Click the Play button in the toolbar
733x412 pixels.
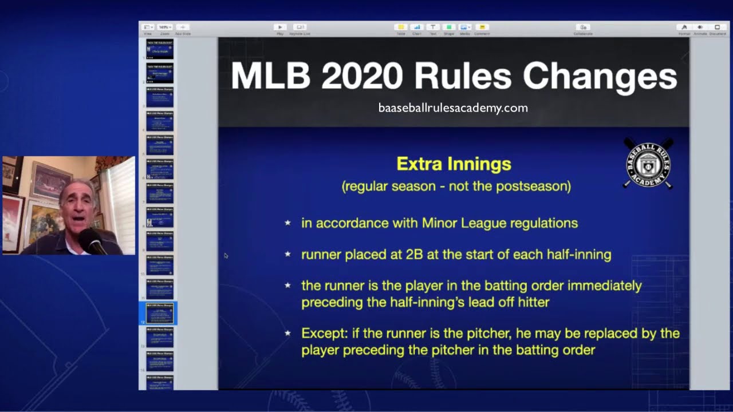[280, 27]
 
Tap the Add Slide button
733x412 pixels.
[183, 27]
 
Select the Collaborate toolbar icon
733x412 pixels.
[582, 27]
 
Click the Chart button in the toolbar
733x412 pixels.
[416, 27]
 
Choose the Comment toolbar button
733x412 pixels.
[482, 27]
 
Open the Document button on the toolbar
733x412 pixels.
[717, 27]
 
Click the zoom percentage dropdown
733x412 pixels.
[165, 27]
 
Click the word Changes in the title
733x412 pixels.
[600, 76]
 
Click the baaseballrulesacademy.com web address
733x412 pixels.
[453, 108]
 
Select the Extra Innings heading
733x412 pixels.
[454, 164]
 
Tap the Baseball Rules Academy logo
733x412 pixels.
[648, 164]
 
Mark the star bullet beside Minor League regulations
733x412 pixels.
[287, 223]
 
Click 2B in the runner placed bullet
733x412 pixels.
[414, 255]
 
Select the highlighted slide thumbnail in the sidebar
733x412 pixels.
[160, 314]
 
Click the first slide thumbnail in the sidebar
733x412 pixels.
[160, 49]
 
